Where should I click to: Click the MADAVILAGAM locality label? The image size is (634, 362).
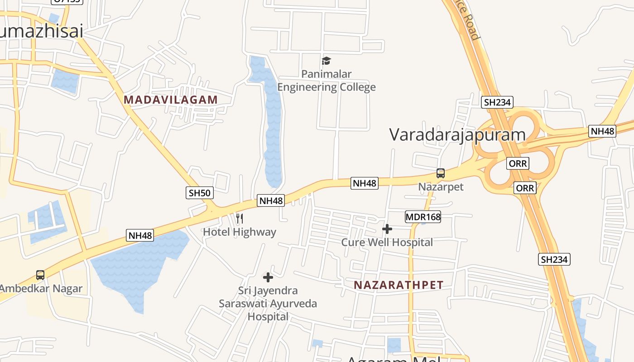(171, 100)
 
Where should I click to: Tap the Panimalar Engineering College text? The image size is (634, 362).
(327, 81)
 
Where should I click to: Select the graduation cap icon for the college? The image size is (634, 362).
(327, 61)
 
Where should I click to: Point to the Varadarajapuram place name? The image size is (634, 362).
(457, 134)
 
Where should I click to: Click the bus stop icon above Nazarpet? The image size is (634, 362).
(441, 173)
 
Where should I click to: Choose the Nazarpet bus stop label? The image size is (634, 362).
(441, 186)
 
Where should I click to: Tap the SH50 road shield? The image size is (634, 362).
(200, 193)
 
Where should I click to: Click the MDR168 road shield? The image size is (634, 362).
(423, 217)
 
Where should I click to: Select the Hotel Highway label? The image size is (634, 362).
(239, 232)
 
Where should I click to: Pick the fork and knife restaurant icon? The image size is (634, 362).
(240, 219)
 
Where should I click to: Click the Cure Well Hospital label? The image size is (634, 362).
(387, 242)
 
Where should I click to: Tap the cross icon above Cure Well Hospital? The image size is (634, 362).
(387, 229)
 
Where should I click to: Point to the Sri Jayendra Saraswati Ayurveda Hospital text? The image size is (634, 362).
(268, 303)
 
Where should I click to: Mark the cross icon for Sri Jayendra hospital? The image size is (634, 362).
(268, 277)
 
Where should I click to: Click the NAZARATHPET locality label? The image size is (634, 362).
(399, 285)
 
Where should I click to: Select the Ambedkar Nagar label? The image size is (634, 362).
(41, 288)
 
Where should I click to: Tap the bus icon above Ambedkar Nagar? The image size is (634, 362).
(40, 275)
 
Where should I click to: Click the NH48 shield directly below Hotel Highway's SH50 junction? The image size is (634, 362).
(271, 200)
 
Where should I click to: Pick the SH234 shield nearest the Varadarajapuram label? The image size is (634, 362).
(497, 102)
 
